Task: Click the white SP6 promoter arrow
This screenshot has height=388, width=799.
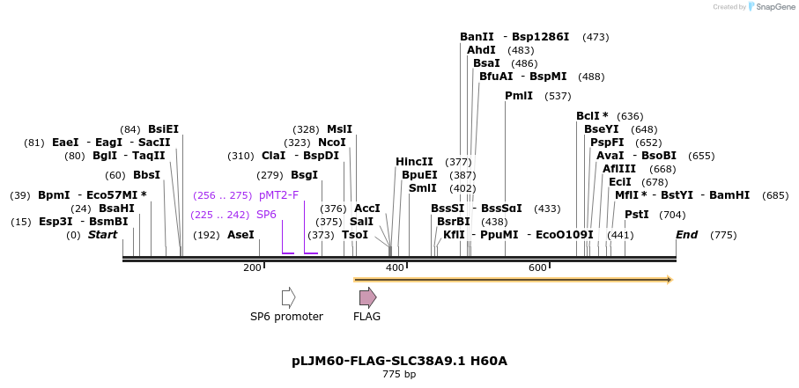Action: [288, 297]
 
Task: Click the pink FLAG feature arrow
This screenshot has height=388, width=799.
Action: [367, 297]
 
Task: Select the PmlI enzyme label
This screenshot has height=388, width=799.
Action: [518, 96]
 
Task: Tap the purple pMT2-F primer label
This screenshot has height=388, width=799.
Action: [278, 195]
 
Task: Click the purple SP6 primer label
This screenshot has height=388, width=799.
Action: [266, 215]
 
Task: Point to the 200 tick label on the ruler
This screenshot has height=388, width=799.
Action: [252, 267]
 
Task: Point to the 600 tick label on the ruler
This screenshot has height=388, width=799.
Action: [537, 267]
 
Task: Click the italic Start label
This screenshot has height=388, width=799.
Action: [102, 235]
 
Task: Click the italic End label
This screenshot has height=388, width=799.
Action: [686, 235]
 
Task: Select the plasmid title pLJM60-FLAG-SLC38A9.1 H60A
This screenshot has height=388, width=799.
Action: [399, 361]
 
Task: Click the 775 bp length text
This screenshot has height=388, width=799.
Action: [399, 375]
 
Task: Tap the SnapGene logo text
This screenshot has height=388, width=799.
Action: [772, 7]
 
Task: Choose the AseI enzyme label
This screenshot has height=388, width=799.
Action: [240, 235]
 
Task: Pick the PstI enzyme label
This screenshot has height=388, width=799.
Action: [636, 215]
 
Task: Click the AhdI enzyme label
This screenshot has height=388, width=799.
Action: [481, 50]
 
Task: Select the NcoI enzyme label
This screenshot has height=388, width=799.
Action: [332, 143]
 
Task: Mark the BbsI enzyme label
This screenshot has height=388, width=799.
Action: [146, 175]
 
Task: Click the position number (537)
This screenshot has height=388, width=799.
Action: [558, 96]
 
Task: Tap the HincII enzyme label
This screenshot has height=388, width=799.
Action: [414, 162]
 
